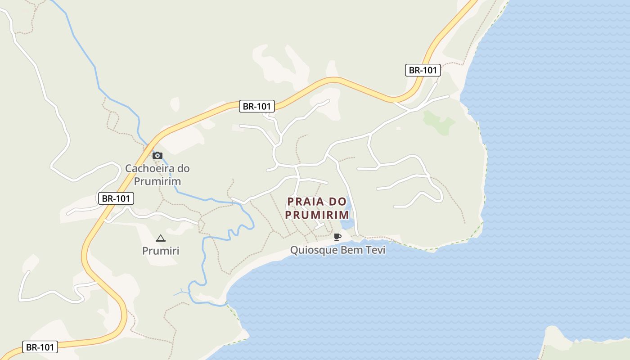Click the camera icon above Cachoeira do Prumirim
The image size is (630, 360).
point(157,156)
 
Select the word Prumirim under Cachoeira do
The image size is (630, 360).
point(157,182)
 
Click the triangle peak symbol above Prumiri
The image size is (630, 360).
point(160,238)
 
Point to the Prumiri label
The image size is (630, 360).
point(161,251)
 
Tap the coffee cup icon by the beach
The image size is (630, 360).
point(337,237)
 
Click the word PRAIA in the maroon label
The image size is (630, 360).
point(306,201)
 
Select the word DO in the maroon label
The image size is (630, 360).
point(337,201)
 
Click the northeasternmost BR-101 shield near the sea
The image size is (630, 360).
point(423,70)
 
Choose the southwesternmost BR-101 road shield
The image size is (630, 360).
point(40,347)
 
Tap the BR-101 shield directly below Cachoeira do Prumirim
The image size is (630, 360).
point(116,198)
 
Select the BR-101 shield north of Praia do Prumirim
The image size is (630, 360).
point(256,106)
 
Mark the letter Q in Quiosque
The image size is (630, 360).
point(294,250)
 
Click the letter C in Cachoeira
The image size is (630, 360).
point(129,169)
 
